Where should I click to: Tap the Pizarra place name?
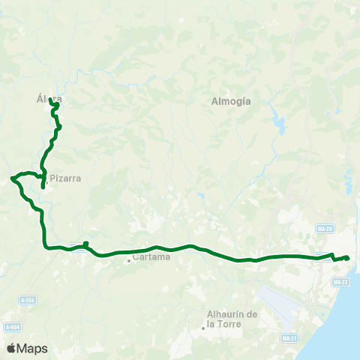(x=65, y=178)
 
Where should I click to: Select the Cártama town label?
(x=152, y=256)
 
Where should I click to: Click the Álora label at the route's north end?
(x=49, y=98)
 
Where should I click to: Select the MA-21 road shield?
(x=289, y=338)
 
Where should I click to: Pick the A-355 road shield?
(x=28, y=300)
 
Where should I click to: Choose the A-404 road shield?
(x=11, y=327)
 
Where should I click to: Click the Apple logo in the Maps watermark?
(x=11, y=348)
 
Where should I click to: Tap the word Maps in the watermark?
(x=32, y=348)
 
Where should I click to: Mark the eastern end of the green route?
(x=348, y=259)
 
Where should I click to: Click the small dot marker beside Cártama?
(x=129, y=260)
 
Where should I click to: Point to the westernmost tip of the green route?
(x=11, y=178)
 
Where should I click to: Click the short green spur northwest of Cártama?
(x=86, y=244)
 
